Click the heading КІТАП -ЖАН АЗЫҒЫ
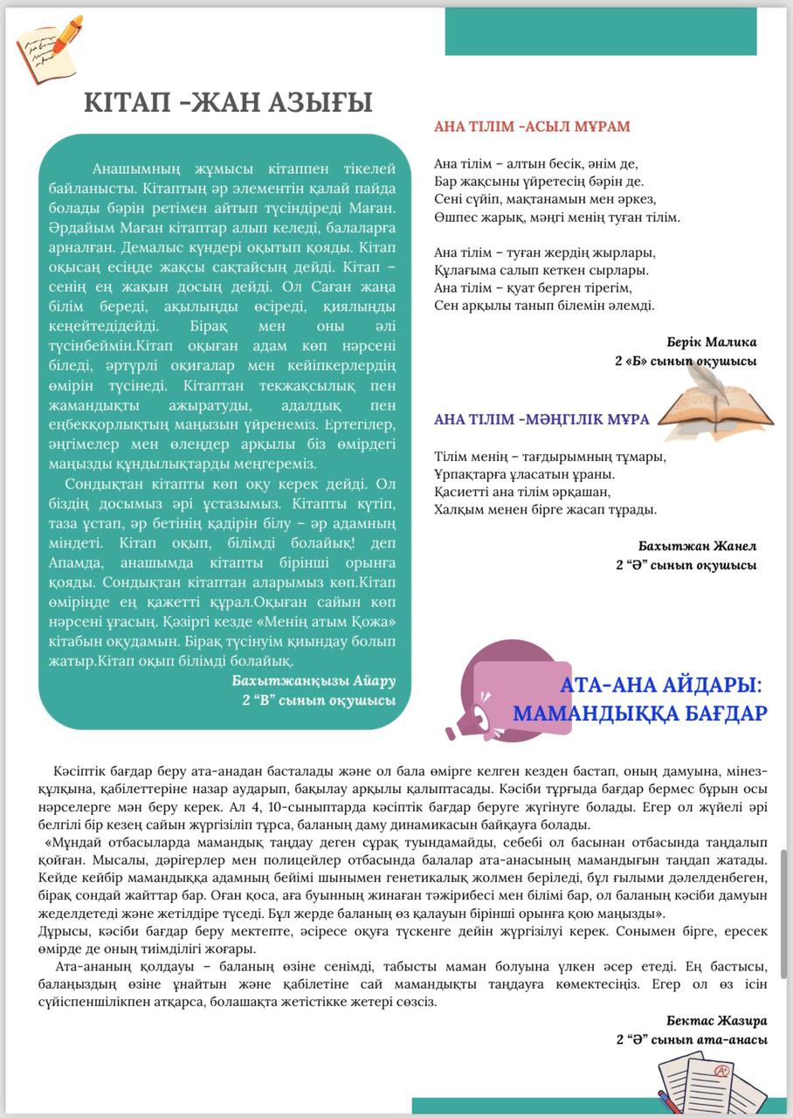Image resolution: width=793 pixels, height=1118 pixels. click(228, 102)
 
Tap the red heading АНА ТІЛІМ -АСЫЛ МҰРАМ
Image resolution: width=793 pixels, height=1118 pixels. click(532, 127)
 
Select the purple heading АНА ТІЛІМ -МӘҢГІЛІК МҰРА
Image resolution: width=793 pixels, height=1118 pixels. click(541, 419)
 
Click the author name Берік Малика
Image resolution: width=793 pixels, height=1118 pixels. click(711, 342)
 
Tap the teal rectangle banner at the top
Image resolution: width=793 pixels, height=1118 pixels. click(600, 32)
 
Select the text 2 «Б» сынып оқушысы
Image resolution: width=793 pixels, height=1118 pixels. click(686, 361)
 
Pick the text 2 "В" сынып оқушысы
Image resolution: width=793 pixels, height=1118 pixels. click(319, 700)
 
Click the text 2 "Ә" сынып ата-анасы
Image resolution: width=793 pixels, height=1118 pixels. click(692, 1039)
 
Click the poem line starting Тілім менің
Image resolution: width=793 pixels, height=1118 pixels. click(550, 457)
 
